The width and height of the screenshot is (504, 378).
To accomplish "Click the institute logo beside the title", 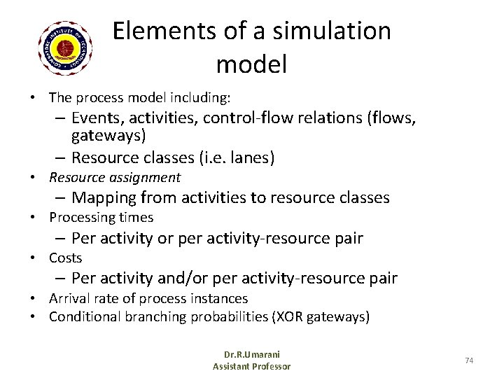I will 68,48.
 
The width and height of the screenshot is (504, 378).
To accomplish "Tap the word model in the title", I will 251,65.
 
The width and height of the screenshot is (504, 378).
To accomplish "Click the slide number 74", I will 469,360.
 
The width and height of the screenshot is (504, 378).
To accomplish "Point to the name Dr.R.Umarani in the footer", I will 251,354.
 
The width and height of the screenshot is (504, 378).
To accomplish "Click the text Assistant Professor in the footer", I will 251,366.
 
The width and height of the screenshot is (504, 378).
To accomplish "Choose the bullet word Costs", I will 65,258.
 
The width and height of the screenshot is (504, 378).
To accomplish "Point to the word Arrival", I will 67,299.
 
